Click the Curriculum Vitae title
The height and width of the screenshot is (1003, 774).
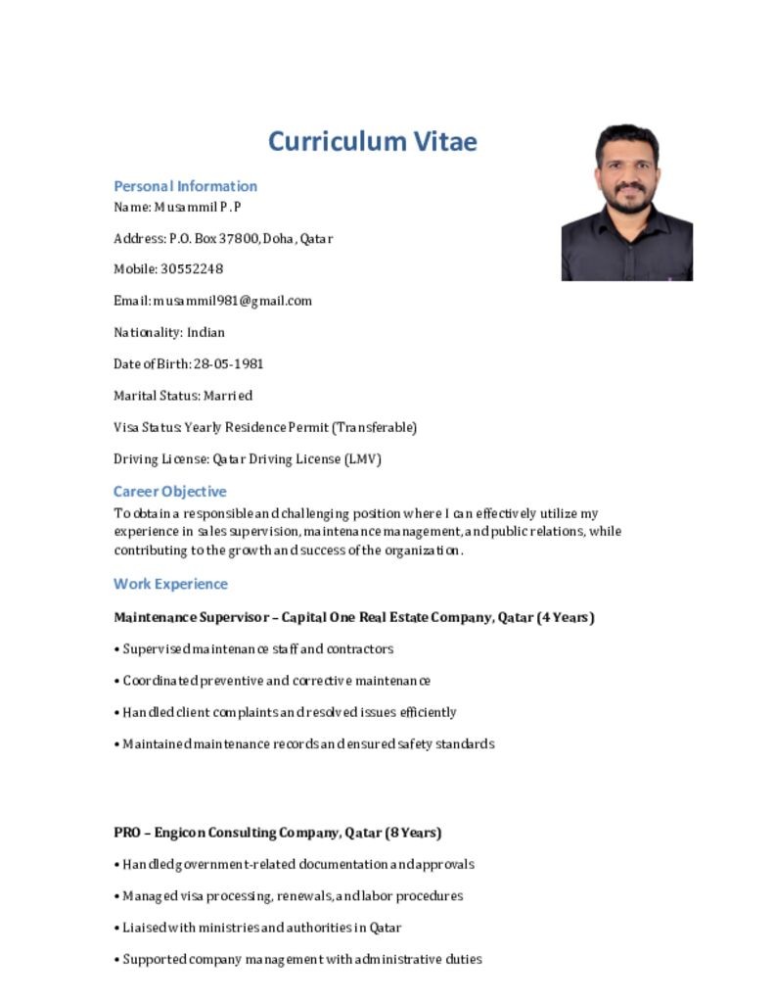(372, 141)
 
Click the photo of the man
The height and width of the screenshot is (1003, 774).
(626, 202)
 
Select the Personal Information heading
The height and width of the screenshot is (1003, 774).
(185, 186)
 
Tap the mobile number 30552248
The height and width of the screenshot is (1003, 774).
(192, 269)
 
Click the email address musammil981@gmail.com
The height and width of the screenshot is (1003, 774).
(232, 301)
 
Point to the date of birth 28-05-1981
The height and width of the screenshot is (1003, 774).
(228, 363)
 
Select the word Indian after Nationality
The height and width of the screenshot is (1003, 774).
(205, 332)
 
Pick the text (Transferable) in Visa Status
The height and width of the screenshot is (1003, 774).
(374, 427)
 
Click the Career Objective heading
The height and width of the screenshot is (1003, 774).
(169, 492)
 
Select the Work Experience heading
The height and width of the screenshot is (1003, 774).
(170, 584)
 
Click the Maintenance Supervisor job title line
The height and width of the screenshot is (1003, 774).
(353, 617)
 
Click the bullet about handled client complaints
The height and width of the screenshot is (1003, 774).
(289, 712)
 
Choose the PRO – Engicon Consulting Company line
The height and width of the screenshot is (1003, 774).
(277, 833)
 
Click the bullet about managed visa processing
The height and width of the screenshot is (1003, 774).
(293, 895)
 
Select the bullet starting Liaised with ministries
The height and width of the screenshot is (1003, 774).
(261, 928)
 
